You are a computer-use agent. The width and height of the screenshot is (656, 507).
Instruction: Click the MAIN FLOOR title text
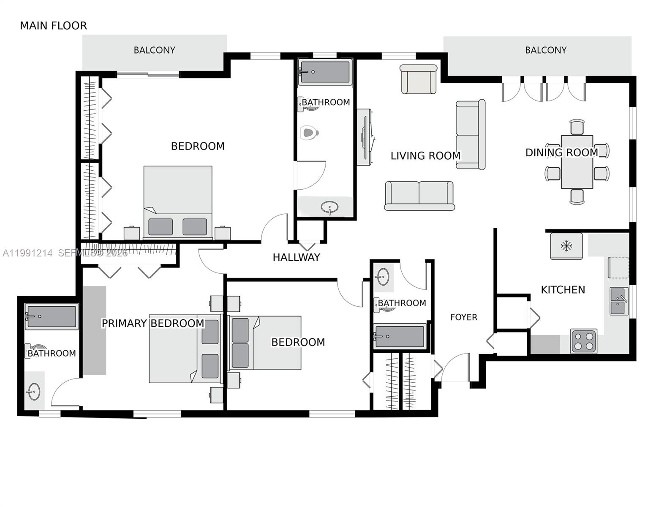(x=53, y=26)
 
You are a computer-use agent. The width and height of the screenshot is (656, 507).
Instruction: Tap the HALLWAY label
(x=296, y=257)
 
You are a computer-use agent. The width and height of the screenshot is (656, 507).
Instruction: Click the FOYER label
(x=463, y=317)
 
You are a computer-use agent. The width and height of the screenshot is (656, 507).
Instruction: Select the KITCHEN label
(x=563, y=290)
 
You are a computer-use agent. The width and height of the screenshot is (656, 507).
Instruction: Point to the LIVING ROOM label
(x=425, y=156)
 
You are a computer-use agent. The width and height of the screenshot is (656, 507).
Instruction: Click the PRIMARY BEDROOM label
(x=153, y=323)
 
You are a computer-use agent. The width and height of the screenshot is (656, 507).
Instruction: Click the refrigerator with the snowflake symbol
(x=566, y=246)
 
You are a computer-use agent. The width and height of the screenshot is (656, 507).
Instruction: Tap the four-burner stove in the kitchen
(x=583, y=341)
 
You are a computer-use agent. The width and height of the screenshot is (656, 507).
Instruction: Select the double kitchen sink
(x=619, y=301)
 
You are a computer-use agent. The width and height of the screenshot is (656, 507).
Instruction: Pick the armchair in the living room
(x=418, y=79)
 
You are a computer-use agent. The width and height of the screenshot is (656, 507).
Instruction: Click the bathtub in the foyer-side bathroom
(x=400, y=336)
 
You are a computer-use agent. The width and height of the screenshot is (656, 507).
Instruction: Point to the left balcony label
(x=154, y=50)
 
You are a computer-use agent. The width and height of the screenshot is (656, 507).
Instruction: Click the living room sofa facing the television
(x=470, y=135)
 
